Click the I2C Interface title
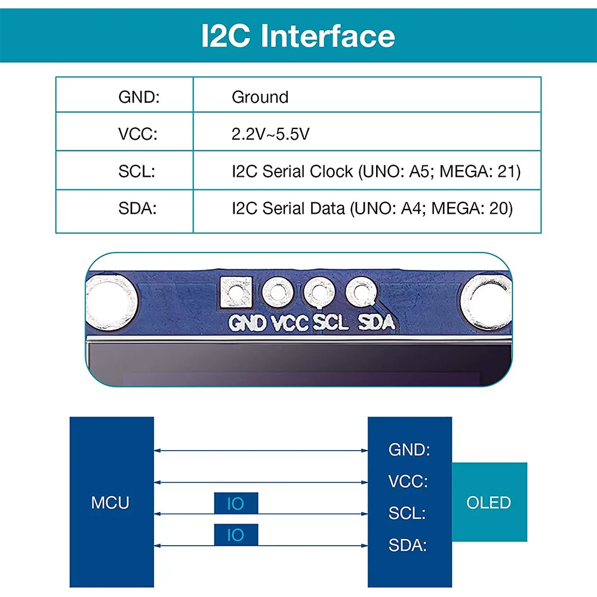(298, 36)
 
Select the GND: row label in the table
(139, 97)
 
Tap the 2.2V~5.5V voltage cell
(270, 134)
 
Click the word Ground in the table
(260, 97)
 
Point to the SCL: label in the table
(137, 171)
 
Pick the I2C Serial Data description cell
(373, 208)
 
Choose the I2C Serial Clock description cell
(376, 171)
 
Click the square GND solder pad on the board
(235, 293)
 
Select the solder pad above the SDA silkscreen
(360, 292)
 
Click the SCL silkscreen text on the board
(331, 323)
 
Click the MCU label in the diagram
(110, 503)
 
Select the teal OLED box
(489, 502)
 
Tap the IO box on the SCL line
(236, 503)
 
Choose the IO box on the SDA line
(236, 535)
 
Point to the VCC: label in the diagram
(408, 481)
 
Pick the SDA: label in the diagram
(408, 545)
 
